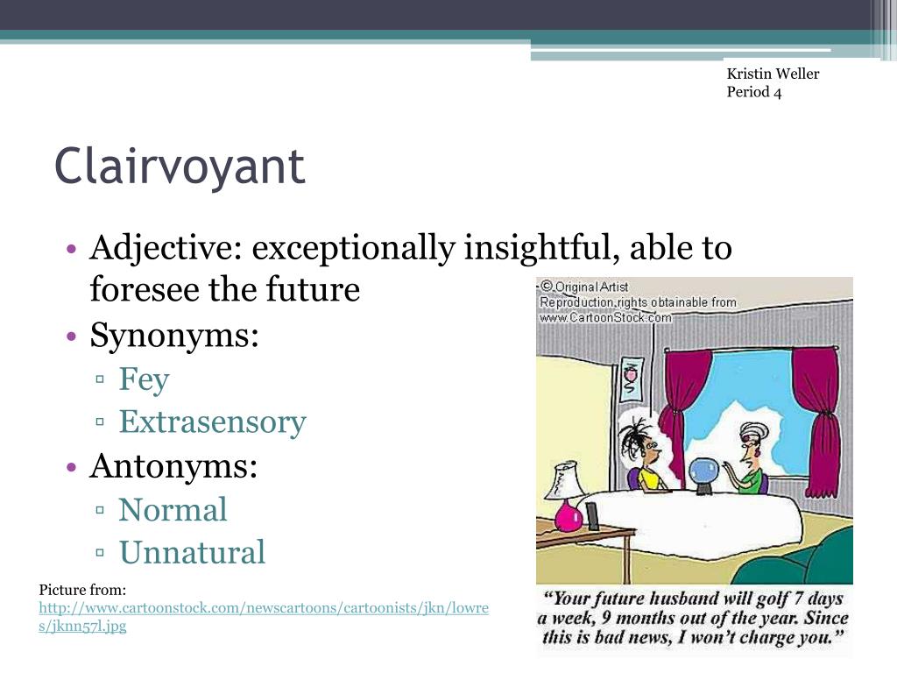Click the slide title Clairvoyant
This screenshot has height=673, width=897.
tap(180, 166)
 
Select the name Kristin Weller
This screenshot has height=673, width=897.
tap(773, 74)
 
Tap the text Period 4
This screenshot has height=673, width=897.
tap(753, 92)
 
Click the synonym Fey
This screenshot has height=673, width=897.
tap(144, 379)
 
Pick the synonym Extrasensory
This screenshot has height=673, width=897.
tap(212, 422)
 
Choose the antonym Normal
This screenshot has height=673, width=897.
tap(173, 509)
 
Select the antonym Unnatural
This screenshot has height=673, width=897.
tap(192, 553)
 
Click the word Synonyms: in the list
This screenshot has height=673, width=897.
tap(174, 335)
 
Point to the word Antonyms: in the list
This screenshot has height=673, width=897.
tap(173, 465)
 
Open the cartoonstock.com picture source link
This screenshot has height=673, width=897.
tap(263, 608)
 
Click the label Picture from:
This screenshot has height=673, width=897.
tap(83, 590)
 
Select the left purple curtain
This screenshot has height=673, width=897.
tap(674, 403)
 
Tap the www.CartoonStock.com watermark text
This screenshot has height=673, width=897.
tap(605, 318)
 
